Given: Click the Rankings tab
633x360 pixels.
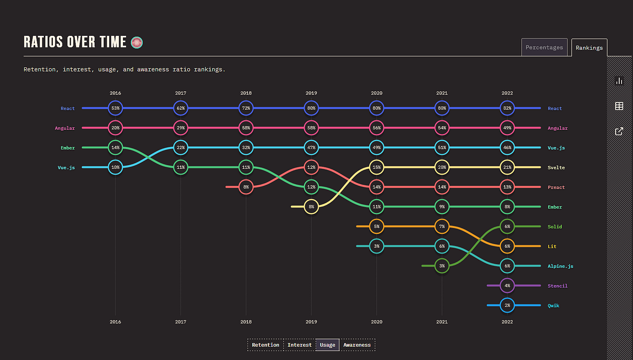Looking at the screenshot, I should (589, 48).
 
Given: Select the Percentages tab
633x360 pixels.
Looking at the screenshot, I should (544, 48).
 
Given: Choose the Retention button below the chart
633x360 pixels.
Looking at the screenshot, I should (265, 345).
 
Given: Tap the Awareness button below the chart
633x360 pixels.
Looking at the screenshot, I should (357, 345).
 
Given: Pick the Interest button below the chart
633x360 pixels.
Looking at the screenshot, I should (299, 345).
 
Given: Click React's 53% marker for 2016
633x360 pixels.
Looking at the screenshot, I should (116, 108).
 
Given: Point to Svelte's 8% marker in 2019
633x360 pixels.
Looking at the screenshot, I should (311, 206).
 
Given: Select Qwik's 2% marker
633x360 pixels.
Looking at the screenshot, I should (507, 305).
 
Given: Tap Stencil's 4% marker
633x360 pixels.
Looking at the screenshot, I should (507, 286).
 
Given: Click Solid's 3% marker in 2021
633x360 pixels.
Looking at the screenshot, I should (442, 266).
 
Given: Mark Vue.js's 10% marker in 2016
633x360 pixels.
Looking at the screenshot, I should (116, 167).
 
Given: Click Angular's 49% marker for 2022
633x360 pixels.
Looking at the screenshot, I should (507, 128).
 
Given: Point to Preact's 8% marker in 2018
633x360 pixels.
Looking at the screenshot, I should (246, 187).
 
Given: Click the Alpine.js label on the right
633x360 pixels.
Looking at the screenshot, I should (560, 266).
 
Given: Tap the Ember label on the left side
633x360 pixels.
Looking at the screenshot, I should (68, 148).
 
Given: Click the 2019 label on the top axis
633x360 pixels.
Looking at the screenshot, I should (311, 93).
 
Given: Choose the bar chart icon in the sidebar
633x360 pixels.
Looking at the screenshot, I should (619, 81).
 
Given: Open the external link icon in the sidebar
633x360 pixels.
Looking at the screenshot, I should (619, 131).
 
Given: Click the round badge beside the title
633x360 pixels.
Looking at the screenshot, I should (137, 42).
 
